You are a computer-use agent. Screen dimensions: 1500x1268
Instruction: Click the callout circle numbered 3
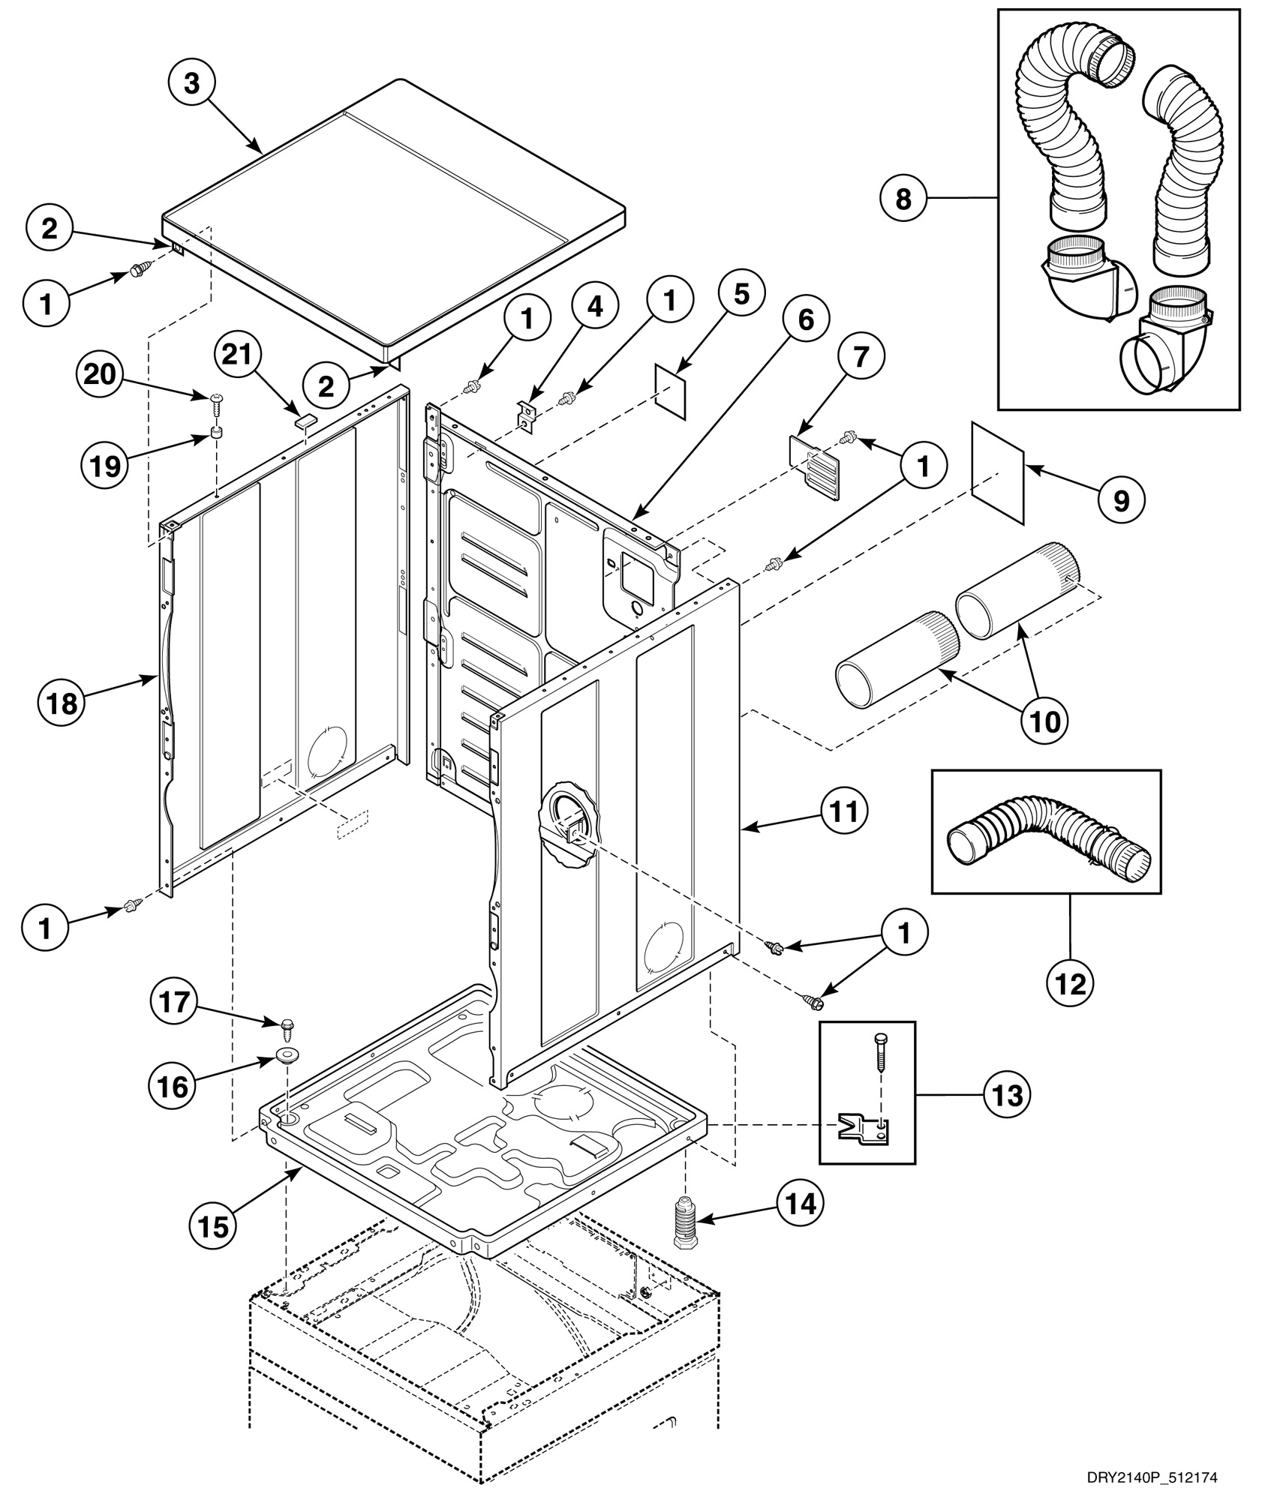click(x=192, y=84)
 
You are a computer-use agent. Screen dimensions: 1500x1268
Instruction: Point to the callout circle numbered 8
click(x=903, y=199)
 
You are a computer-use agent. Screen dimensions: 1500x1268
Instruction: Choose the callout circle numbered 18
click(x=63, y=704)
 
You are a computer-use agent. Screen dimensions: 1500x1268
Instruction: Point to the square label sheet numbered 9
click(x=999, y=472)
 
